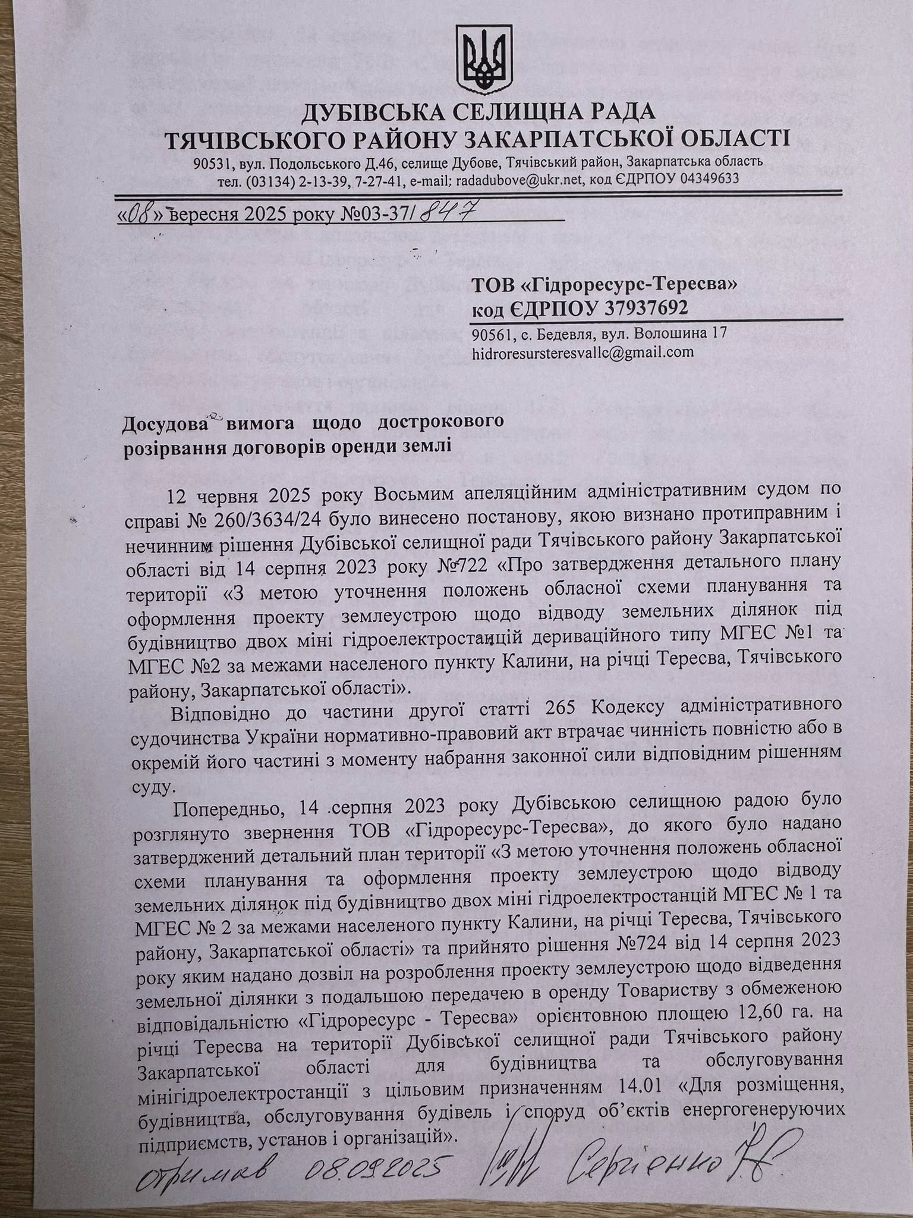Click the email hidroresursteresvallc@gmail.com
(x=582, y=352)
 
